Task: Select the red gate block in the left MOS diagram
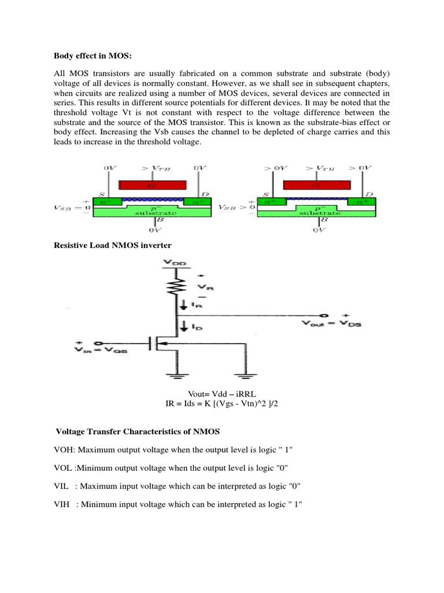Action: tap(153, 185)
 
